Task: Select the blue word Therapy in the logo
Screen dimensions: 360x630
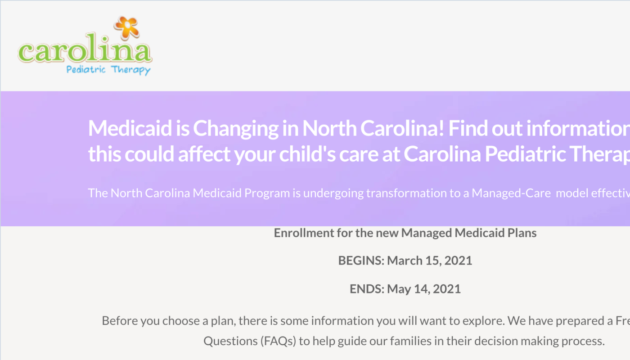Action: tap(131, 71)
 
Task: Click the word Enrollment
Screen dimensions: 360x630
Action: tap(303, 233)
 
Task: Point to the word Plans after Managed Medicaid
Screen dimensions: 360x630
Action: tap(521, 233)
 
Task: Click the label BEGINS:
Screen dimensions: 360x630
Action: tap(361, 261)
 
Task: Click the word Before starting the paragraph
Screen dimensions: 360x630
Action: tap(119, 321)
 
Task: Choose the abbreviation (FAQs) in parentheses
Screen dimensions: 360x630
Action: tap(278, 341)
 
